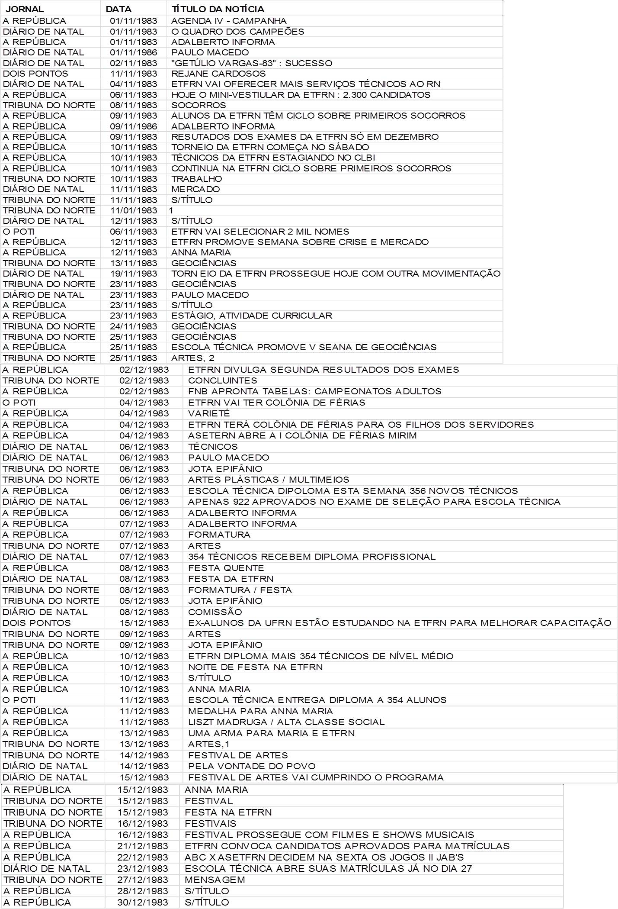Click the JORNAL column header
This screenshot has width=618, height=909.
click(x=25, y=9)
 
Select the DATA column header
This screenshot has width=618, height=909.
click(x=118, y=9)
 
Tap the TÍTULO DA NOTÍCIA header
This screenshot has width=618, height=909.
click(x=218, y=9)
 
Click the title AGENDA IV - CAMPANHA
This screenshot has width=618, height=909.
click(x=229, y=21)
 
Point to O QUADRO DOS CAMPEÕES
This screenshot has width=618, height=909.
click(x=237, y=32)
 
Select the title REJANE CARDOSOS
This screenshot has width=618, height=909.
click(x=218, y=74)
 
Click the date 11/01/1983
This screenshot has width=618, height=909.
click(x=134, y=210)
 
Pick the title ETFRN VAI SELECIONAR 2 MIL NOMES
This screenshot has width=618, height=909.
click(x=260, y=232)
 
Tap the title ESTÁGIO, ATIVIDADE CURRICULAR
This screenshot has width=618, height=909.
click(x=252, y=316)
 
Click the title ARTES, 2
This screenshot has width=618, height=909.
click(x=192, y=358)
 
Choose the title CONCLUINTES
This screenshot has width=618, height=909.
click(x=222, y=380)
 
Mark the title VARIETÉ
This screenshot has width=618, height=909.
click(x=209, y=413)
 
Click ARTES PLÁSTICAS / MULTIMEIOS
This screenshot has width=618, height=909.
click(x=269, y=480)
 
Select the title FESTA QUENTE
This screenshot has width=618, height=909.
click(x=226, y=568)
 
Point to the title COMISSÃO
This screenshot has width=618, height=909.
click(x=215, y=612)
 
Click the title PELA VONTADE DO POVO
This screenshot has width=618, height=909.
click(x=252, y=766)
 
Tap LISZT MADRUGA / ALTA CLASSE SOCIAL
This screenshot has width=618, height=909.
click(x=286, y=722)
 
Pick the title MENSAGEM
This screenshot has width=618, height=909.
click(x=215, y=880)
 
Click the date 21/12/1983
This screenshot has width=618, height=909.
click(x=143, y=846)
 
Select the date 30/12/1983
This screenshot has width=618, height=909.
click(x=143, y=903)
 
